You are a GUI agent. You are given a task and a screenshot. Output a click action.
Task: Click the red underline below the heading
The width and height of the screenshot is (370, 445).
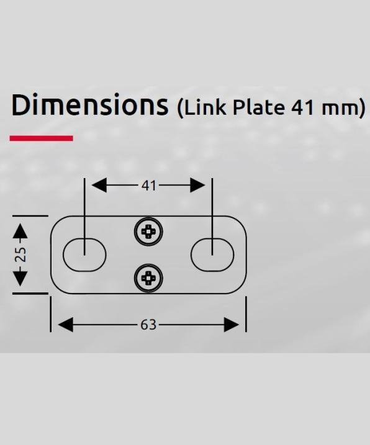click(42, 138)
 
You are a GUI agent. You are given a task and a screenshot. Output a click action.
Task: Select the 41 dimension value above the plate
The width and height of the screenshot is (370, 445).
click(148, 185)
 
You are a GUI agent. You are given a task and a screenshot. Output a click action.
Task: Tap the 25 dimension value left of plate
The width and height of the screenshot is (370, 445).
click(20, 254)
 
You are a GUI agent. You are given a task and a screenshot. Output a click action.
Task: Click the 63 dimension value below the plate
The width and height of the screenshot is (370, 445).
click(148, 325)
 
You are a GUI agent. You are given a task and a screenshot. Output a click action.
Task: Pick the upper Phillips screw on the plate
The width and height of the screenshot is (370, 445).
click(148, 233)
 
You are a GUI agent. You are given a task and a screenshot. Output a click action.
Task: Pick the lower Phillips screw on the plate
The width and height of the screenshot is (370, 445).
click(148, 277)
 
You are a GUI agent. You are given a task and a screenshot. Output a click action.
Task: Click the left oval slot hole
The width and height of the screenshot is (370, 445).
click(84, 254)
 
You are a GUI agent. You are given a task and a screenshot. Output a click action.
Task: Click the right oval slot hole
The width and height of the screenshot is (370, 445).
click(212, 254)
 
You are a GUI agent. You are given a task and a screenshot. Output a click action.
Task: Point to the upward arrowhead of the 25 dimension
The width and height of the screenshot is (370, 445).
click(20, 231)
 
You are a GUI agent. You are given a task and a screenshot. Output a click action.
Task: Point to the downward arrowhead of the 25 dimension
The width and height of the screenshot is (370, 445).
click(20, 278)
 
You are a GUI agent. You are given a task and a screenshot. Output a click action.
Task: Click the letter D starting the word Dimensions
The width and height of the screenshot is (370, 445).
click(21, 106)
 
